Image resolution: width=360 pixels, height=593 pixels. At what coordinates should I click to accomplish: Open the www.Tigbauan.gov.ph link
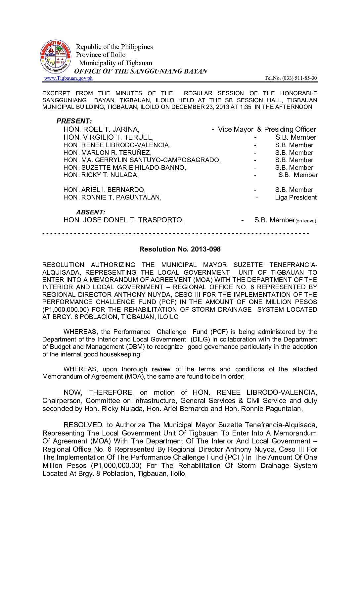click(68, 78)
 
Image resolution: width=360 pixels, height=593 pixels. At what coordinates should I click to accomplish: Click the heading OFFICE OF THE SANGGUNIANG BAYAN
click(141, 71)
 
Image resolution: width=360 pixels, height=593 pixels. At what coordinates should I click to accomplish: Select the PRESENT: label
click(74, 121)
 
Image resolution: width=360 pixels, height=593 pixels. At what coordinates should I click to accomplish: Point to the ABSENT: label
click(91, 212)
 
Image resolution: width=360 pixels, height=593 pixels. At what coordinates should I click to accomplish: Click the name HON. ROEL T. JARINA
click(101, 129)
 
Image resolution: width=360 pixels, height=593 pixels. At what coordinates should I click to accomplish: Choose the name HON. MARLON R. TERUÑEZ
click(108, 153)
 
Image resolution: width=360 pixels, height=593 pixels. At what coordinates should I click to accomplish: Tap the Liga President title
click(296, 198)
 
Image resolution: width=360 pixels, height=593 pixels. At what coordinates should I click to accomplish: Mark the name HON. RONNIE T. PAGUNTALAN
click(112, 198)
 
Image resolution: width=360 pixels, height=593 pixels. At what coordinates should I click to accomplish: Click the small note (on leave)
click(306, 221)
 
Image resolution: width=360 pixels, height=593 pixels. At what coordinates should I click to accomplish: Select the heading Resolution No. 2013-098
click(180, 249)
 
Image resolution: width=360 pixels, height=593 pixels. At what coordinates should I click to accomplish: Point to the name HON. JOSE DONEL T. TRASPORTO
click(123, 220)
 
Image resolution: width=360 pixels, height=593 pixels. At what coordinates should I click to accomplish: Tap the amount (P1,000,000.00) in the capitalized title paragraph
click(66, 309)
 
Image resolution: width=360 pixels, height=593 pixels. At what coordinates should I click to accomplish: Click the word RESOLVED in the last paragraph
click(83, 425)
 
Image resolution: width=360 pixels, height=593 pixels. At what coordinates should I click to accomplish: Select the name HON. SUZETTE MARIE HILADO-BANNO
click(125, 167)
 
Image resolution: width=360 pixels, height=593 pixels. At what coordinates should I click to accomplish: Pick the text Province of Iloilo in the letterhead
click(101, 55)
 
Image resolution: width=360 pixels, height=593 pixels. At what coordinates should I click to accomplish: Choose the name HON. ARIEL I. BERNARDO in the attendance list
click(105, 190)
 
